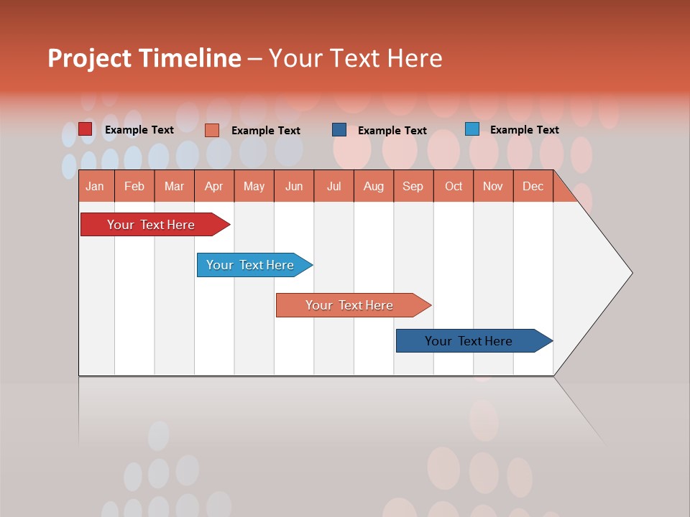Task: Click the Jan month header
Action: [95, 187]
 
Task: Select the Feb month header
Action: [134, 187]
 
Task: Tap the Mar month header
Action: [174, 187]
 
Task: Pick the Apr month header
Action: [214, 187]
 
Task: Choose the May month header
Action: [254, 187]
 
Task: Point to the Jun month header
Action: [294, 187]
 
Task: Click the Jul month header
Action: [333, 187]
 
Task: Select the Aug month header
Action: [374, 187]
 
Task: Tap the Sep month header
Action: [413, 187]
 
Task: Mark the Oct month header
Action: [454, 187]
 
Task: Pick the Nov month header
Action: [493, 187]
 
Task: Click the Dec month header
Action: [533, 187]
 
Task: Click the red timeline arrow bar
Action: [152, 225]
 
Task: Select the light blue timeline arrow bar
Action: [251, 265]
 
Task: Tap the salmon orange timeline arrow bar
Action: [350, 305]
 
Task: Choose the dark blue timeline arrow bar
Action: [469, 341]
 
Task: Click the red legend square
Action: [86, 129]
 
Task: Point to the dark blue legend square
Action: [339, 130]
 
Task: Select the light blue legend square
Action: [472, 129]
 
